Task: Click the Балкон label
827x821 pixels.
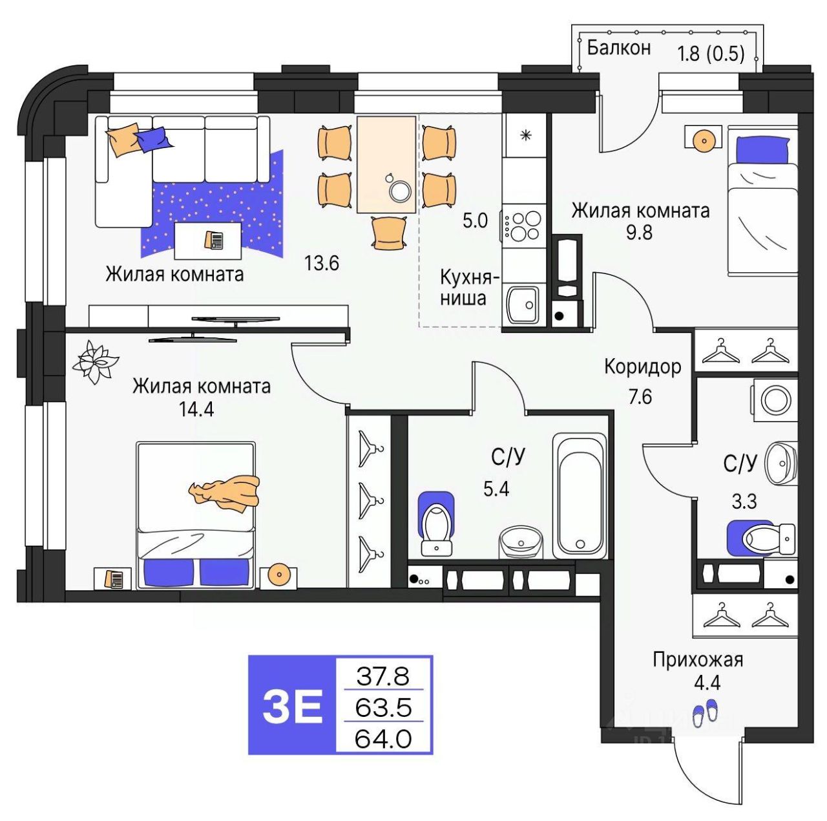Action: coord(618,48)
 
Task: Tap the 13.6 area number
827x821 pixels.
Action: coord(322,263)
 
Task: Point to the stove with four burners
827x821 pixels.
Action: coord(522,226)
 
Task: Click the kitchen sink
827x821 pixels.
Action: coord(522,304)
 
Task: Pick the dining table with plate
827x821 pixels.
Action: coord(386,165)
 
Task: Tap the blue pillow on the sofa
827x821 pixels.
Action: coord(154,139)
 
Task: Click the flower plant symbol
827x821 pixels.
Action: coord(94,362)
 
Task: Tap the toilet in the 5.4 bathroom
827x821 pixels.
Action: coord(437,525)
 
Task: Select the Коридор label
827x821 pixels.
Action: coord(642,367)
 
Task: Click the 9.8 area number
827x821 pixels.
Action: coord(640,232)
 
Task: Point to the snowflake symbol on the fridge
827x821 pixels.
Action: coord(525,136)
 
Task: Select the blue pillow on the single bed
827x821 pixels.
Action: coord(762,150)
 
